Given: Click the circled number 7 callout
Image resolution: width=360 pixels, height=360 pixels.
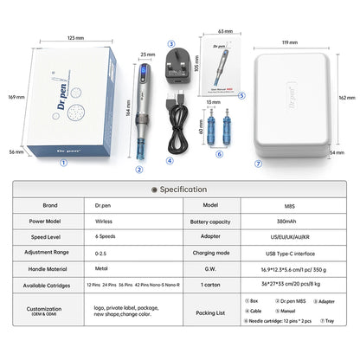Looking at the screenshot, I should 258,163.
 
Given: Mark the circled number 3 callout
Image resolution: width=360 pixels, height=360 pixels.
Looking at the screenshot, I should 170,43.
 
